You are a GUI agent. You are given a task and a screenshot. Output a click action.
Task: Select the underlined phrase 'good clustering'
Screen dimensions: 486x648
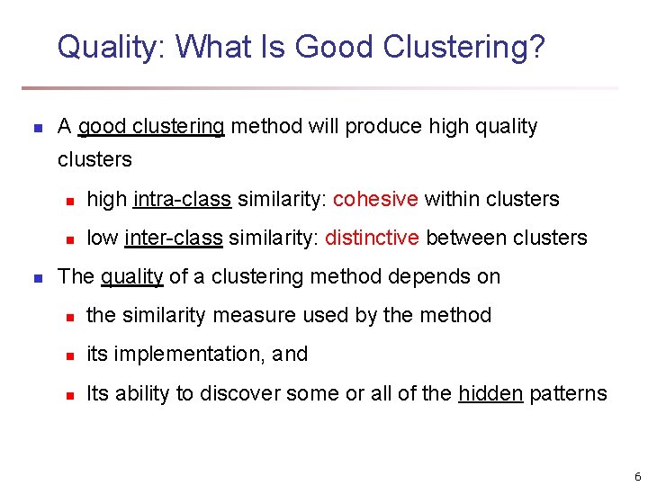tap(151, 127)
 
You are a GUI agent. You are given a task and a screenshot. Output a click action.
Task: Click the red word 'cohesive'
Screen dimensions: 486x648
tap(375, 199)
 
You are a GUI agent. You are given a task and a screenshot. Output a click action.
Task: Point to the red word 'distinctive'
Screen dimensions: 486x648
tap(372, 238)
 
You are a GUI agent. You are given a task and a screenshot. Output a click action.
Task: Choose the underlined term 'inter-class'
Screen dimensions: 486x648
tap(174, 238)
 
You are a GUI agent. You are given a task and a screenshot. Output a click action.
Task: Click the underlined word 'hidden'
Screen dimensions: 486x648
tap(490, 393)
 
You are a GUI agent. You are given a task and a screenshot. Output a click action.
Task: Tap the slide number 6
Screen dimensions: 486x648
tap(637, 476)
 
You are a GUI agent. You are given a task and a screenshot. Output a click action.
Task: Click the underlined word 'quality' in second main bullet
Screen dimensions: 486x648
tap(131, 276)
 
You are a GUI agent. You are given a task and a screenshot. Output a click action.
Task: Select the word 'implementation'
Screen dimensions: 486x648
tap(185, 355)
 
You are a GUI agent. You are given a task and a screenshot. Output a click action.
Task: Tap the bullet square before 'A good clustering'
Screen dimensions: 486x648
tap(37, 128)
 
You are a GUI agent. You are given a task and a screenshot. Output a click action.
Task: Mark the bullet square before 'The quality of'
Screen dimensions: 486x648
tap(37, 277)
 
